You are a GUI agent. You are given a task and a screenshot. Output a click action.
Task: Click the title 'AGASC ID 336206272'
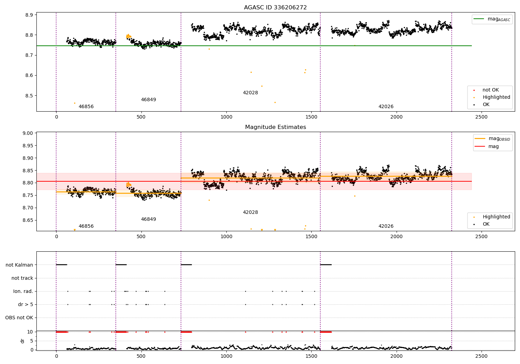(x=275, y=8)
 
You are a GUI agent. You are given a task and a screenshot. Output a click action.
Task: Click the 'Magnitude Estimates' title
(x=275, y=127)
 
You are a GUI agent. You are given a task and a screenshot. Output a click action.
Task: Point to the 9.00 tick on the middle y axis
(x=27, y=133)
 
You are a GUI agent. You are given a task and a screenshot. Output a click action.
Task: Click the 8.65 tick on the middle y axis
(x=27, y=220)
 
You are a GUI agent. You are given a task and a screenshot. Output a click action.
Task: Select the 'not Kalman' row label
(x=19, y=265)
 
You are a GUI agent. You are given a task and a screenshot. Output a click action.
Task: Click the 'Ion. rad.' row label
(x=23, y=292)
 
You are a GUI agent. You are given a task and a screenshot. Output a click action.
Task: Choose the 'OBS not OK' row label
(x=19, y=318)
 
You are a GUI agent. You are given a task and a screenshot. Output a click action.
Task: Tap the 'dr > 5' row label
(x=26, y=305)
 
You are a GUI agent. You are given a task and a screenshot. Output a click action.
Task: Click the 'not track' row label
(x=22, y=278)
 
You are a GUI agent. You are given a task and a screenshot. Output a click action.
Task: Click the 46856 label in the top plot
(x=86, y=107)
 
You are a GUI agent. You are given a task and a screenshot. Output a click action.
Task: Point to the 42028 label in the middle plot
(x=250, y=213)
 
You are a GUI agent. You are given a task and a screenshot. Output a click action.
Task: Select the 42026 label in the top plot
(x=386, y=107)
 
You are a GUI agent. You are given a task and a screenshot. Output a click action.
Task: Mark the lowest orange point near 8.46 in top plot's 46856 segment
(x=75, y=103)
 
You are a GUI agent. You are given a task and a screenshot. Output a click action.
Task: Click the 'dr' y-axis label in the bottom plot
(x=23, y=341)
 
